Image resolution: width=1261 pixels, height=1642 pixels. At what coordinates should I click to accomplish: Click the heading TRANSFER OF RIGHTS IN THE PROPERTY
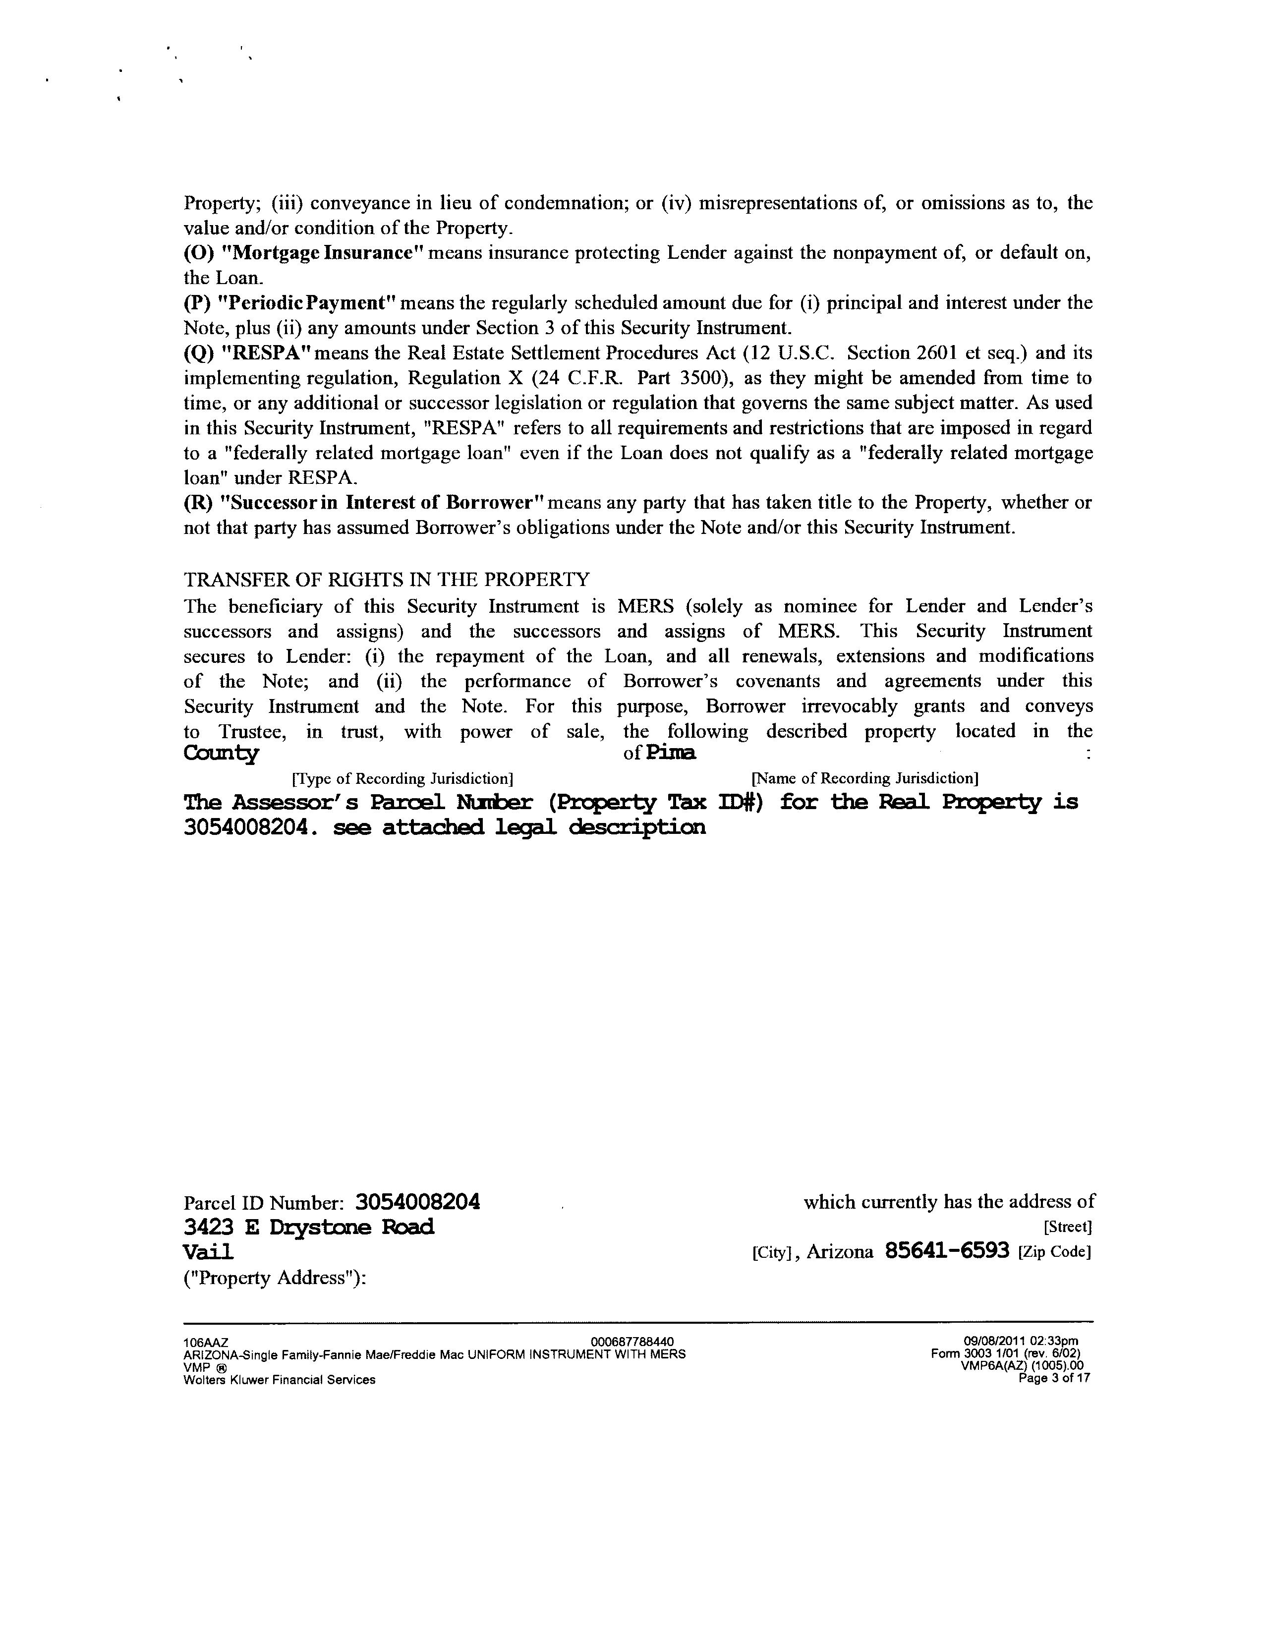coord(387,580)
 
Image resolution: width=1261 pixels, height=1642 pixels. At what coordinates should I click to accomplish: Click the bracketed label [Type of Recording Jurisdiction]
coord(402,778)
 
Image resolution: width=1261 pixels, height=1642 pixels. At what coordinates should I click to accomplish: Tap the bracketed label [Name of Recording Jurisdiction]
coord(864,778)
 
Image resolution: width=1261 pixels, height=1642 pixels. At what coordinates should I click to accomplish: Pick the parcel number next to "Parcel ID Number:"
coord(417,1202)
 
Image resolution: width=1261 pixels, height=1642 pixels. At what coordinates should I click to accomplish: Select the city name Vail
coord(208,1252)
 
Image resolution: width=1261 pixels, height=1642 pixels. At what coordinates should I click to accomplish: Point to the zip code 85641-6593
coord(947,1252)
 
